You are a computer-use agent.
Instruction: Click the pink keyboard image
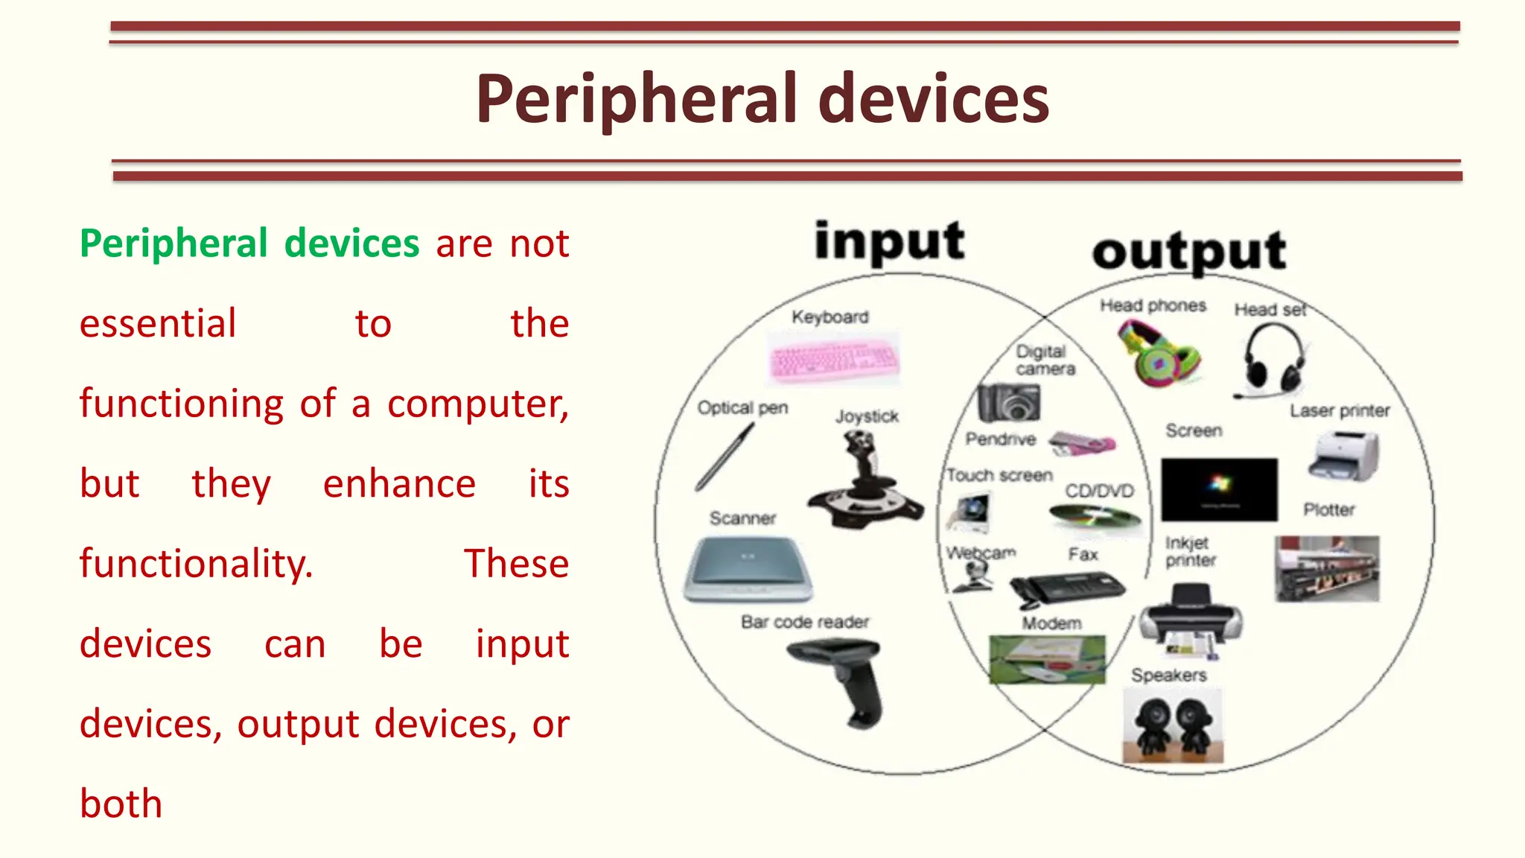click(833, 358)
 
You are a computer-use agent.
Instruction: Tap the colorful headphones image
click(1159, 354)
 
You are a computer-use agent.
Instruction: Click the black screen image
click(1219, 489)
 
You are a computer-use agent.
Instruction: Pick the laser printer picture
click(1344, 456)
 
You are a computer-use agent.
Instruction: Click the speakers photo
click(1172, 724)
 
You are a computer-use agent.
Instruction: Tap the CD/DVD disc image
click(1094, 516)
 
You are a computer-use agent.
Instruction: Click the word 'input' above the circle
click(889, 242)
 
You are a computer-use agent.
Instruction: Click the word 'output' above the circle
click(1189, 252)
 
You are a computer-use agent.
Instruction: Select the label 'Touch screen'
click(999, 475)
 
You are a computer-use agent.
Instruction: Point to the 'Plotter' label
click(1328, 509)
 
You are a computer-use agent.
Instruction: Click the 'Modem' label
click(1051, 623)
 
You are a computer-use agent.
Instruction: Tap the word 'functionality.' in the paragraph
click(196, 564)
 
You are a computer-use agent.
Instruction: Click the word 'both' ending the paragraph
click(121, 804)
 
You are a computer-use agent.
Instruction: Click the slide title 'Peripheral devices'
click(762, 99)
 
